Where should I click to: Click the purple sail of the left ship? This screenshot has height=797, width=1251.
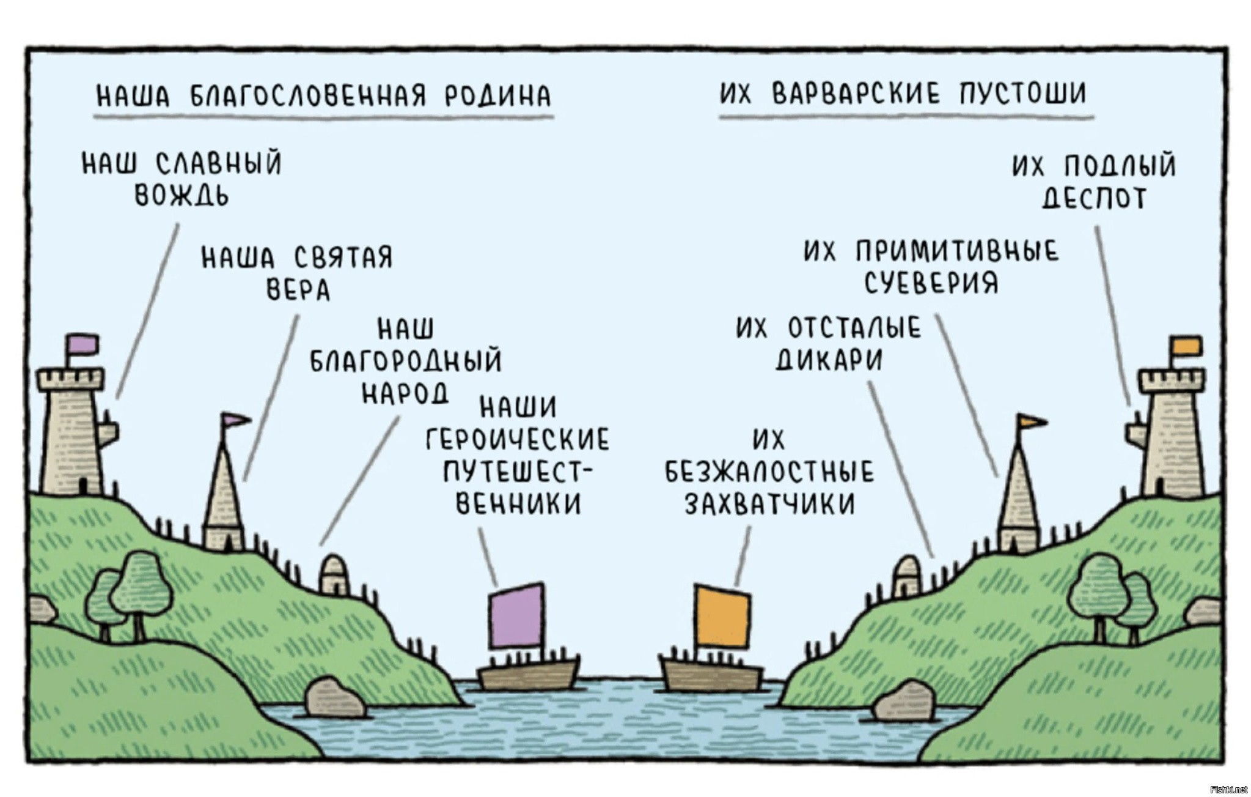point(516,615)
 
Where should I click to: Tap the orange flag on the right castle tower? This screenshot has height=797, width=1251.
point(1186,346)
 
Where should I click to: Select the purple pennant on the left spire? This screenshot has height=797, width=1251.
point(235,420)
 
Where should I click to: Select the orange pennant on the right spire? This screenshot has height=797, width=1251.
point(1032,421)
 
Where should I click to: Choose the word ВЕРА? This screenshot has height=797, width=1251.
point(299,290)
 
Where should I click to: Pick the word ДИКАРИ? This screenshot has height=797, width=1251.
point(829,360)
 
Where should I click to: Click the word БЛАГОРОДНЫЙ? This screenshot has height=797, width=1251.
point(406,361)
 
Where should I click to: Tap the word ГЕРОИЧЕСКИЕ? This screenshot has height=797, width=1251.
point(518,439)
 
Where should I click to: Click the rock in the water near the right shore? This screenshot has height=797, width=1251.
point(904,701)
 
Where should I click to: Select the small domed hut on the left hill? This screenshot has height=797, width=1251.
point(334,574)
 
